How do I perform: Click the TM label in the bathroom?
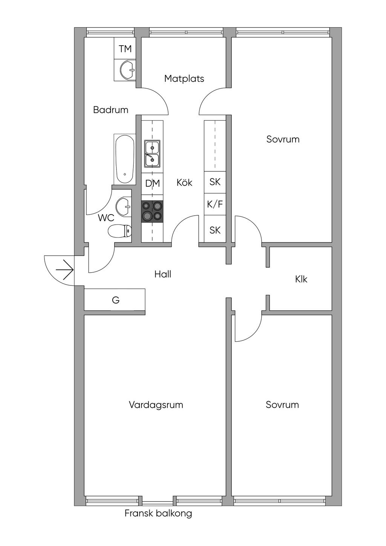click(125, 49)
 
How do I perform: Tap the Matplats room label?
click(184, 78)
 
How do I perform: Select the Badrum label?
click(110, 110)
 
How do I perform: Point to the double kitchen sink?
click(152, 154)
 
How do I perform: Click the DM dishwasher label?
click(153, 184)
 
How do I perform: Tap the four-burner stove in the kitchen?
click(152, 211)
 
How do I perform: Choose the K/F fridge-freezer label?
click(215, 204)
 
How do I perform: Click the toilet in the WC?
click(119, 231)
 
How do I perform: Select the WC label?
click(106, 218)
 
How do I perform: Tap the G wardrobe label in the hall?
click(116, 300)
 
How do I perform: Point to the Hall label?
click(163, 274)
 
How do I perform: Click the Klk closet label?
click(301, 279)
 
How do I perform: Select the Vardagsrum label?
click(156, 405)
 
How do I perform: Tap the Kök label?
click(184, 183)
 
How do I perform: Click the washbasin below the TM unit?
click(126, 69)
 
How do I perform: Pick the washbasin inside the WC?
click(123, 207)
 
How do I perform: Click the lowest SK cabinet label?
click(215, 230)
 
